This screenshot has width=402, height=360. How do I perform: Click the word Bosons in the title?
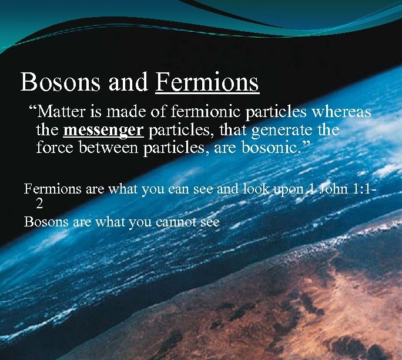62,82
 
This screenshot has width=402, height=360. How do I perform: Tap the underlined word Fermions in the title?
207,82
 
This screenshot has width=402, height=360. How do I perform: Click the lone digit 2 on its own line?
39,204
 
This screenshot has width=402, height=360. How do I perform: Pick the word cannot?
176,222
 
